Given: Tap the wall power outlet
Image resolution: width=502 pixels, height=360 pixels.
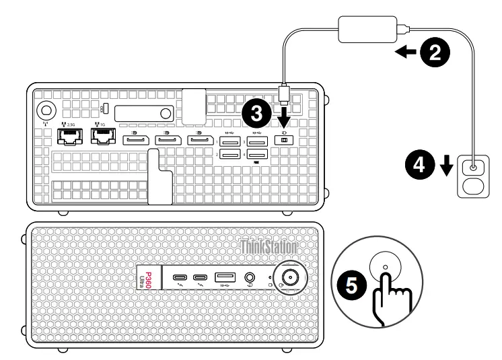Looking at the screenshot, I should point(474,176).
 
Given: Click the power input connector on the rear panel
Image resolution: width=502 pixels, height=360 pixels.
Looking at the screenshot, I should point(283,140).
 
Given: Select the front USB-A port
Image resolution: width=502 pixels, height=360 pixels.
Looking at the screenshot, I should point(224,277).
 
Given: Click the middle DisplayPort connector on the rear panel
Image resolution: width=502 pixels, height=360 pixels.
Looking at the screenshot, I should point(165,140).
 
